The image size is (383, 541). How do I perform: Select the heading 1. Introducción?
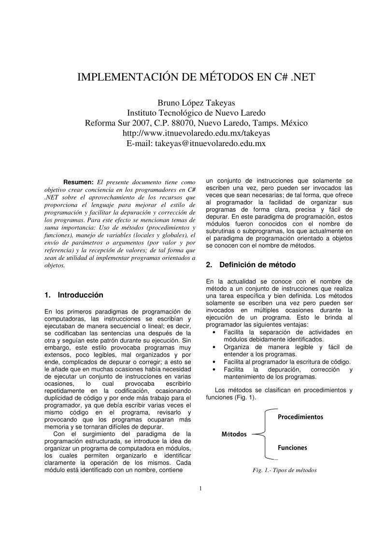73,295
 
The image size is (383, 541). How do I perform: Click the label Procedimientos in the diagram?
300,417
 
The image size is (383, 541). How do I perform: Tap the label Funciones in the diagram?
292,447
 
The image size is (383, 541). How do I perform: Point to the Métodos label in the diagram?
234,434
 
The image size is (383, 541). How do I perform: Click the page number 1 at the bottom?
200,489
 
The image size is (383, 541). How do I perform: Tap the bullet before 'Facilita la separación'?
214,332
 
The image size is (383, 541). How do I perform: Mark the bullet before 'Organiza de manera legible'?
214,347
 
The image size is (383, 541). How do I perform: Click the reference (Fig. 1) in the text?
243,397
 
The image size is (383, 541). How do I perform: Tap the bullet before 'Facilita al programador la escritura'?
214,362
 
